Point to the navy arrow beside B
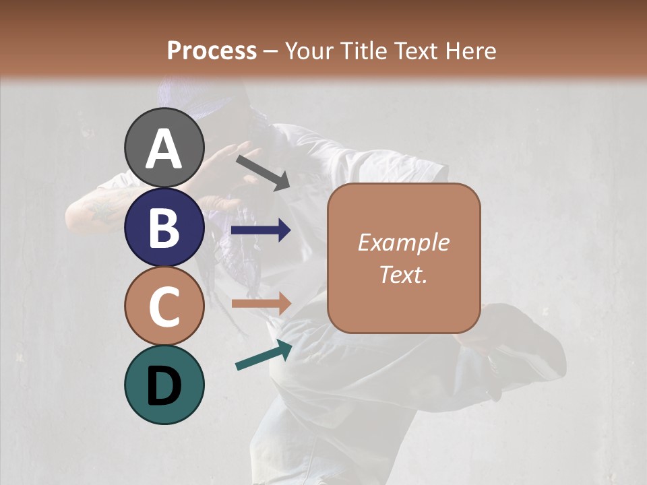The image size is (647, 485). click(260, 230)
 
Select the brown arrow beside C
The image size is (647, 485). click(260, 303)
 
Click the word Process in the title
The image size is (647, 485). click(212, 51)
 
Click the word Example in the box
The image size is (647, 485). click(403, 243)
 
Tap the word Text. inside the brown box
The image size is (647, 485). click(403, 274)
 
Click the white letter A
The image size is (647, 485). click(164, 149)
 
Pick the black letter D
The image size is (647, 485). click(164, 386)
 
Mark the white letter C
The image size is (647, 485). click(164, 307)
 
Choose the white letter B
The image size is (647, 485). click(164, 228)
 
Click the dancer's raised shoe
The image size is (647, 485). click(519, 337)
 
